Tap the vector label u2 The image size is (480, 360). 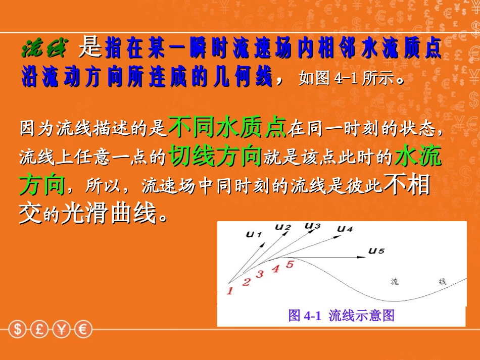(283, 227)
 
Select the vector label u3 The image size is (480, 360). (313, 225)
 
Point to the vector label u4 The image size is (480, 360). (345, 229)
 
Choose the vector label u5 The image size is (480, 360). (376, 250)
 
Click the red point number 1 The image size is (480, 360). (229, 291)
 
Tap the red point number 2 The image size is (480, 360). (246, 282)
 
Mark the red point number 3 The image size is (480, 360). (260, 274)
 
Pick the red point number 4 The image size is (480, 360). (275, 269)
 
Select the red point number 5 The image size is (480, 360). (290, 264)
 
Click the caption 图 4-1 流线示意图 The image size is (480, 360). (341, 316)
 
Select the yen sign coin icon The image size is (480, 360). (62, 330)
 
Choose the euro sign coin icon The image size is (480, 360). (83, 330)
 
